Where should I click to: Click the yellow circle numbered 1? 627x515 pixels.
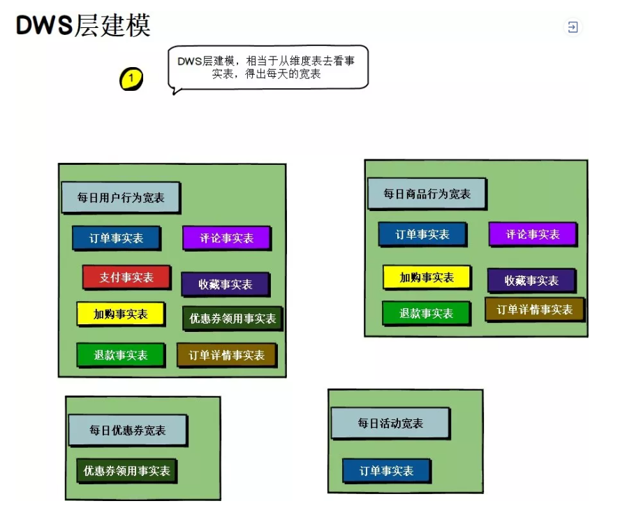(131, 79)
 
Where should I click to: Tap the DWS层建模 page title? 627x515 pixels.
(83, 26)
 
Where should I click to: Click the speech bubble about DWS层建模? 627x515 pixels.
(267, 67)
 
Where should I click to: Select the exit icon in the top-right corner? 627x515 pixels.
(573, 27)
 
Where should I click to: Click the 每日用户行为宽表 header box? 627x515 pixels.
(120, 198)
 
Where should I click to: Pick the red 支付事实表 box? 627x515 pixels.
(126, 277)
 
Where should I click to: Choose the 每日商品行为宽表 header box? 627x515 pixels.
(427, 194)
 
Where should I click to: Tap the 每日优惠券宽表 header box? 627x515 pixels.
(127, 430)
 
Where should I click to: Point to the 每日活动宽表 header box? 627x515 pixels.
(390, 423)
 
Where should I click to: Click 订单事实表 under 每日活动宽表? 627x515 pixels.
(386, 471)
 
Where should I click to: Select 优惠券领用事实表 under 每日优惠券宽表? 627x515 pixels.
(126, 470)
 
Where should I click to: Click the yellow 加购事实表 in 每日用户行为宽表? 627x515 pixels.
(121, 314)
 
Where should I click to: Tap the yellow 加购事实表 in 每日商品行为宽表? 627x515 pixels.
(426, 277)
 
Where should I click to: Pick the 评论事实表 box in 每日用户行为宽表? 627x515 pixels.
(226, 238)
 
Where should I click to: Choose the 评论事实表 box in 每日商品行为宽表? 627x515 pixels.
(532, 234)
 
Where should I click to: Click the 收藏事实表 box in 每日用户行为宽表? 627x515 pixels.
(225, 284)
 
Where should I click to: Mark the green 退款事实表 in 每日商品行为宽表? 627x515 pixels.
(426, 313)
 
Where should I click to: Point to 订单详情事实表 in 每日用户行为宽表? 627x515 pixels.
(226, 355)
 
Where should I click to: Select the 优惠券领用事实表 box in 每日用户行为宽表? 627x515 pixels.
(232, 319)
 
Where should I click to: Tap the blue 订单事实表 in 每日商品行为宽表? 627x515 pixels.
(422, 234)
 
